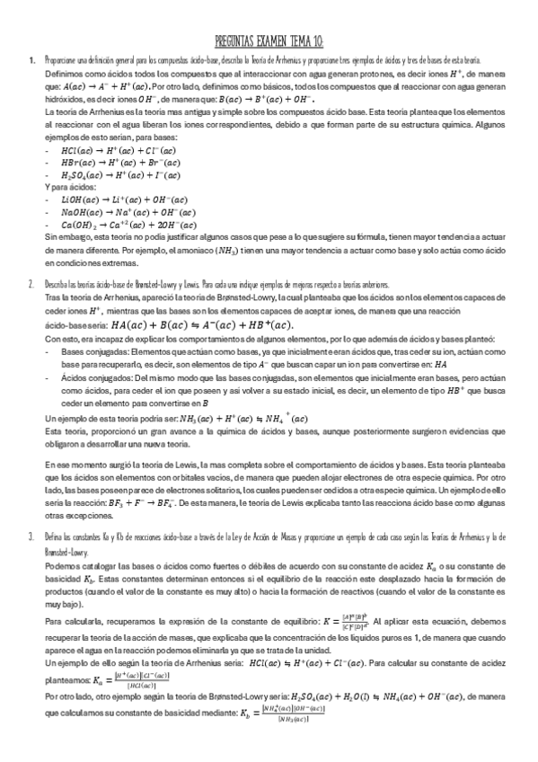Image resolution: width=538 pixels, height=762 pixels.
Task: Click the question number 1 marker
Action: coord(31,60)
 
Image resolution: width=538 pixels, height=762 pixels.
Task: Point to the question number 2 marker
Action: coord(31,283)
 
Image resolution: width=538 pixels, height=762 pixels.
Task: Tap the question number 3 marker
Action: coord(31,536)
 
